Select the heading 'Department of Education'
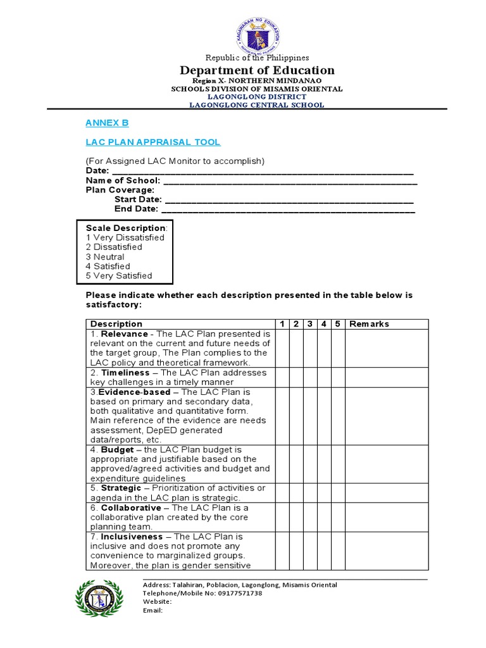[257, 70]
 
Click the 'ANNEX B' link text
[107, 123]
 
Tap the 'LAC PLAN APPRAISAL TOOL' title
[153, 142]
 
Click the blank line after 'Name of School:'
[290, 180]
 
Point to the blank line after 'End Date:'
[288, 209]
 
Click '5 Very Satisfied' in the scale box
[119, 276]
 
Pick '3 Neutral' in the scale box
[105, 257]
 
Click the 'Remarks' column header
[370, 324]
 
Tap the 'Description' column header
[116, 324]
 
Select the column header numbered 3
[310, 324]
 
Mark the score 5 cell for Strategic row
[338, 493]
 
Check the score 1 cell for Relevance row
[282, 348]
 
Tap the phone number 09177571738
[237, 593]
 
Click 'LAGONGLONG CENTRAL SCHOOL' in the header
[257, 105]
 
